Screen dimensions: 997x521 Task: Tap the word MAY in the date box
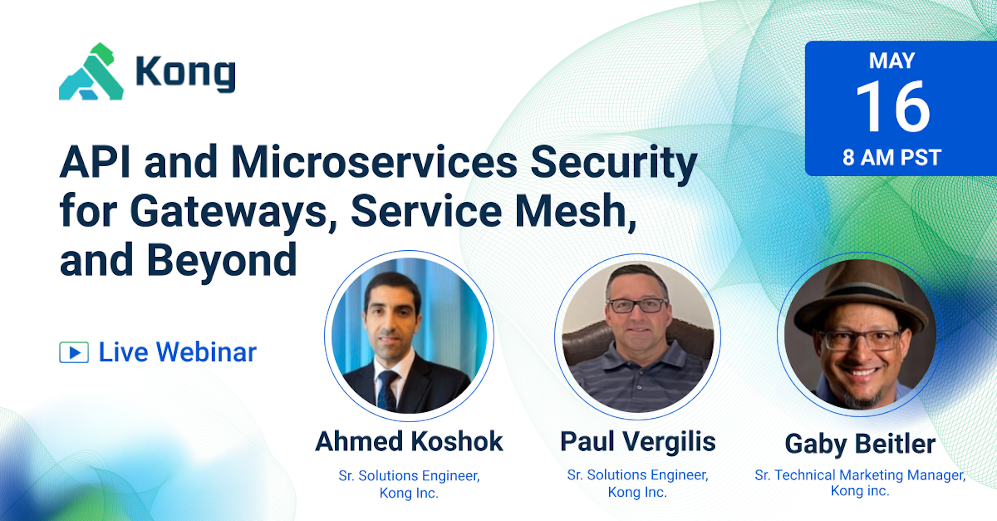click(x=892, y=61)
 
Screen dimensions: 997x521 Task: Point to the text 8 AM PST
click(x=892, y=158)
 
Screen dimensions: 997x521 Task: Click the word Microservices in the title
click(x=374, y=162)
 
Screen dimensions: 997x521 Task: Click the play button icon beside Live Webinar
click(x=74, y=352)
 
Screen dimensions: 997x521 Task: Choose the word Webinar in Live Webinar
click(x=206, y=352)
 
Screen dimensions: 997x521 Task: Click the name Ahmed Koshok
click(x=409, y=442)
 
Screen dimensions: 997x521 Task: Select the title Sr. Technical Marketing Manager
click(x=860, y=475)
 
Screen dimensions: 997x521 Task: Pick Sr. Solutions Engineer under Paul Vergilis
click(x=637, y=475)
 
